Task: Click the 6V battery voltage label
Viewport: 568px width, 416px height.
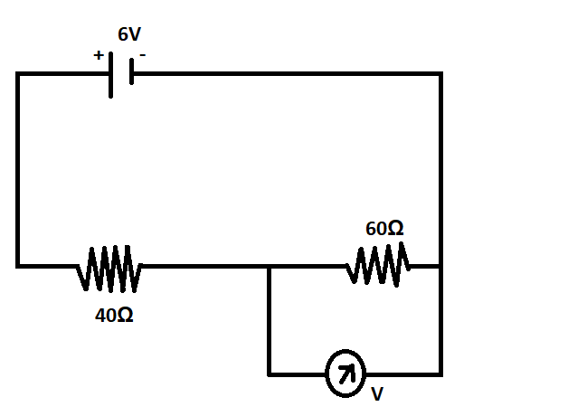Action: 129,35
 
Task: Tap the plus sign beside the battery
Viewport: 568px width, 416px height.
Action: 98,54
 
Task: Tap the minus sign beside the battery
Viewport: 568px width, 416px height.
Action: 142,54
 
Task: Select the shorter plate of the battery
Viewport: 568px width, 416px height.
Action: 131,72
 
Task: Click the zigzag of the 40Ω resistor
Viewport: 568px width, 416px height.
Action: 109,267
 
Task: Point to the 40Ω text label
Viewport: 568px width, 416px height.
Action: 114,317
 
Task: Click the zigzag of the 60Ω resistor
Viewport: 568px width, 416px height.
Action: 378,266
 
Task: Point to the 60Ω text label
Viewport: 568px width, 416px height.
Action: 384,229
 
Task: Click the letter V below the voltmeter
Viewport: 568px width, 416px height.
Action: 376,395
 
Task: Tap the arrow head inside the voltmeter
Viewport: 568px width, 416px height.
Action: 350,367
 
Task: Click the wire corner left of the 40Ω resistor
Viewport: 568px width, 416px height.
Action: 18,266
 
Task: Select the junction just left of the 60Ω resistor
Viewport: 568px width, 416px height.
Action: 270,267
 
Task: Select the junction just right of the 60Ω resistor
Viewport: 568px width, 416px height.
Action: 440,267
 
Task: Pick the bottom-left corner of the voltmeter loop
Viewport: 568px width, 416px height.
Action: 270,373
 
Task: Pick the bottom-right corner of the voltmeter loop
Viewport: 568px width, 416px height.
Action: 440,373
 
